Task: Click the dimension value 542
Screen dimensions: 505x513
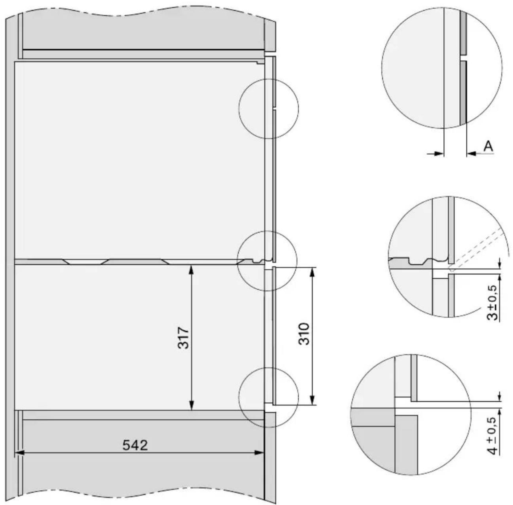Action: click(x=135, y=445)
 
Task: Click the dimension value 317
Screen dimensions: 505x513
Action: click(x=183, y=338)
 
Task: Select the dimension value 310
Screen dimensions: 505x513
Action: click(x=304, y=334)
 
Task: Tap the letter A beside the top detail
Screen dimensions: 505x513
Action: click(x=488, y=146)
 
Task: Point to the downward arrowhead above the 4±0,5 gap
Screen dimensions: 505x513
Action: click(x=500, y=396)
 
